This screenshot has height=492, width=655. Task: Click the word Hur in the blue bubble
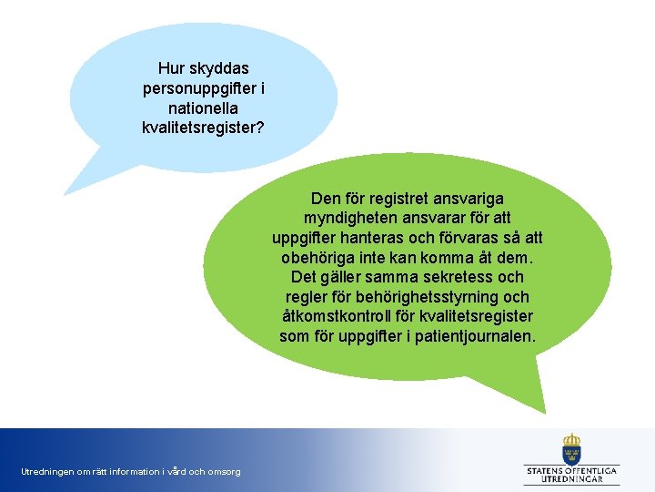(171, 68)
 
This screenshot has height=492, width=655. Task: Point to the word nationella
(204, 108)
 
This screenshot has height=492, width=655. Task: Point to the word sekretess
(462, 277)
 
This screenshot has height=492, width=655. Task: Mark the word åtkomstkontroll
(340, 317)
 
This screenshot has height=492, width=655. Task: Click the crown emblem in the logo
(571, 446)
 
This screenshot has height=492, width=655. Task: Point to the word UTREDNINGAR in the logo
(571, 478)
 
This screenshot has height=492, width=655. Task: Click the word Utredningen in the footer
(45, 471)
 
